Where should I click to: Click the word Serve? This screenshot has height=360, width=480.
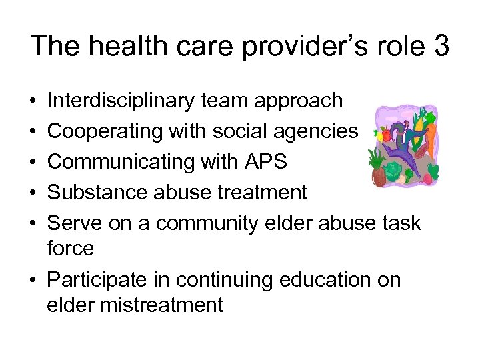point(73,223)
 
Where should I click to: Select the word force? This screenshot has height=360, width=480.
point(71,249)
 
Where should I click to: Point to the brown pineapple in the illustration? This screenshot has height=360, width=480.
point(379,176)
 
